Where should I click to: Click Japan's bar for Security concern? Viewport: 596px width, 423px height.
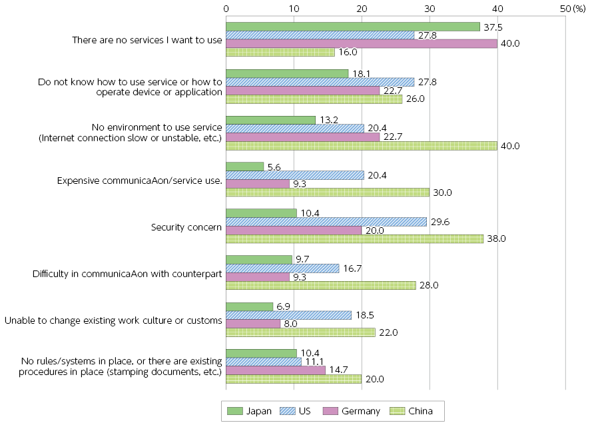click(x=262, y=212)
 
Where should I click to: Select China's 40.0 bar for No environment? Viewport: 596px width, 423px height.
click(x=362, y=146)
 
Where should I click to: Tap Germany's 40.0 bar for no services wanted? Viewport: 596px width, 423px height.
click(x=362, y=43)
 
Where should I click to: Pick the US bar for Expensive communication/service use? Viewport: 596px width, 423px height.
click(x=295, y=175)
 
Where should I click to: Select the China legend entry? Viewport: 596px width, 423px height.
click(x=412, y=411)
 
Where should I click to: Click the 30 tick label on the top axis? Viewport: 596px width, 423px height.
click(x=430, y=8)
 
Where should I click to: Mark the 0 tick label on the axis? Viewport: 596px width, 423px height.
click(x=226, y=8)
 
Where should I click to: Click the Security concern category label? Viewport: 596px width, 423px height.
click(x=187, y=227)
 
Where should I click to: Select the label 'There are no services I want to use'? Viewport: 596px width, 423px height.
click(x=147, y=40)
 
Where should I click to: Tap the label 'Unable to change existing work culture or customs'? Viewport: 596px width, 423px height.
click(x=113, y=320)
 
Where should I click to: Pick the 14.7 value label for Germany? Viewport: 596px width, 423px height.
click(x=340, y=370)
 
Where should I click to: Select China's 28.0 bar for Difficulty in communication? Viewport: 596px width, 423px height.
click(x=321, y=286)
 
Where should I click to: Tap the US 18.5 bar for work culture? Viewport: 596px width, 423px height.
click(x=289, y=315)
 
